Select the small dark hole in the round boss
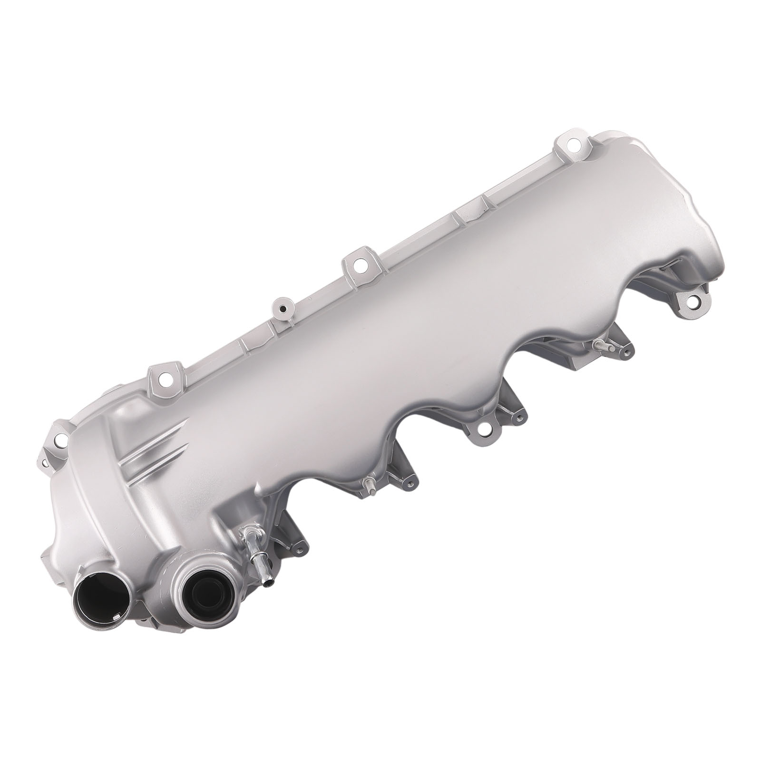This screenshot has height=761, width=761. click(283, 310)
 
